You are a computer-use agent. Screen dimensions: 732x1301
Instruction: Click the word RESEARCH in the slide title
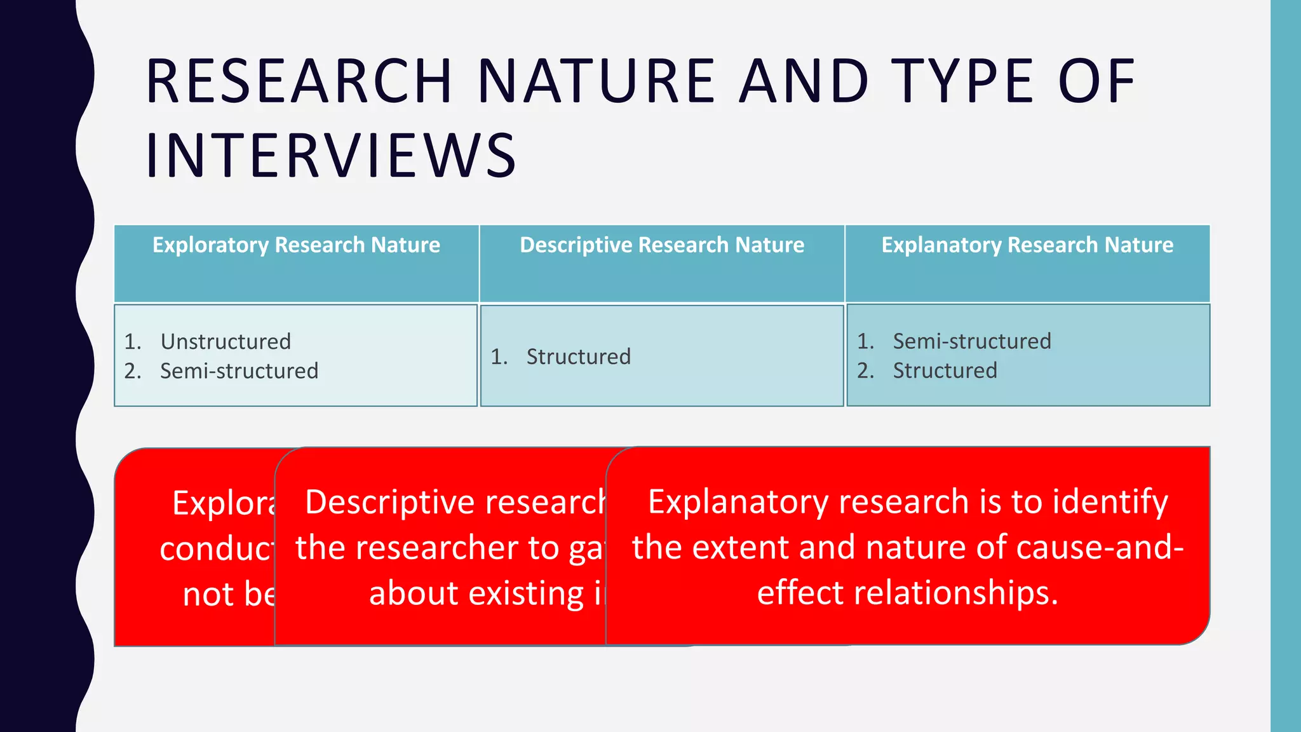pyautogui.click(x=299, y=81)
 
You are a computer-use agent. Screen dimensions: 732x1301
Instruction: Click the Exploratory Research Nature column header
pyautogui.click(x=296, y=245)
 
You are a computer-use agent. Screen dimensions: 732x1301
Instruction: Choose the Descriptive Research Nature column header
pyautogui.click(x=662, y=245)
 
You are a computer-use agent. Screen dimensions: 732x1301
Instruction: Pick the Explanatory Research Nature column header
pyautogui.click(x=1027, y=245)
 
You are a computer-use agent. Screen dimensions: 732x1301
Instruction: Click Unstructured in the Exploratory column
pyautogui.click(x=226, y=342)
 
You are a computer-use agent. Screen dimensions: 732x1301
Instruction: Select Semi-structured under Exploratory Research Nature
pyautogui.click(x=239, y=371)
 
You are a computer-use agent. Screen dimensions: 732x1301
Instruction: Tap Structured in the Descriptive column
pyautogui.click(x=578, y=357)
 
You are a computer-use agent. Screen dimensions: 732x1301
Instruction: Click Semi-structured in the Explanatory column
pyautogui.click(x=972, y=341)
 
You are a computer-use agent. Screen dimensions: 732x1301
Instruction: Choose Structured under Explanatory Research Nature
pyautogui.click(x=945, y=370)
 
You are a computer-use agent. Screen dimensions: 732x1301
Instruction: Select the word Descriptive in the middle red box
pyautogui.click(x=390, y=503)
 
